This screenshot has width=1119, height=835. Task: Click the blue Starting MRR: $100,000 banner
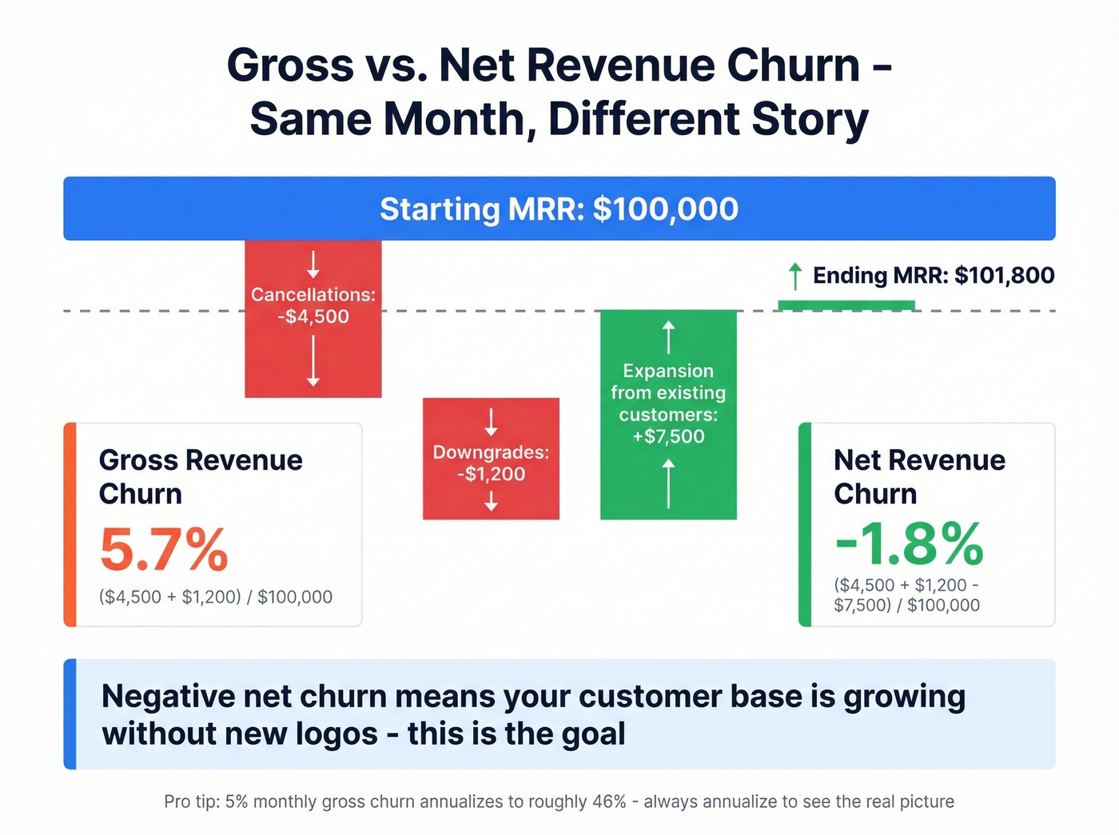(x=559, y=209)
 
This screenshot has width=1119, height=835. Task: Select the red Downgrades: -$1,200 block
(x=491, y=459)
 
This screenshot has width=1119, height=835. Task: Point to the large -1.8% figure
(x=909, y=543)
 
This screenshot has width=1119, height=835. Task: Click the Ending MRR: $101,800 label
(x=933, y=276)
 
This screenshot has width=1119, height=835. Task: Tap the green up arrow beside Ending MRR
(x=794, y=276)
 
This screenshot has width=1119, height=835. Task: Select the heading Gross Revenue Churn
(x=200, y=477)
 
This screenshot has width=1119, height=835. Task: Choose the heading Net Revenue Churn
(x=919, y=477)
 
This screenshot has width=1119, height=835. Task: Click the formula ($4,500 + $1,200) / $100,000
(x=216, y=597)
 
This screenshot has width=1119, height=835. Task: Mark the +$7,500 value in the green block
(x=668, y=436)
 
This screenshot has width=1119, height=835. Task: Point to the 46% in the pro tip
(x=609, y=801)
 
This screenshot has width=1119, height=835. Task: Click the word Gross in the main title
(x=290, y=66)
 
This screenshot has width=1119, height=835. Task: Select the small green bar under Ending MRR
(x=846, y=305)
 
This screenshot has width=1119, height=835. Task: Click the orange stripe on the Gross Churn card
(x=70, y=524)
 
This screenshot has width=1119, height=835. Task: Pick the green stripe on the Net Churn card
(x=805, y=524)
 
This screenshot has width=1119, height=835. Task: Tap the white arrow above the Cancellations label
(x=313, y=264)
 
